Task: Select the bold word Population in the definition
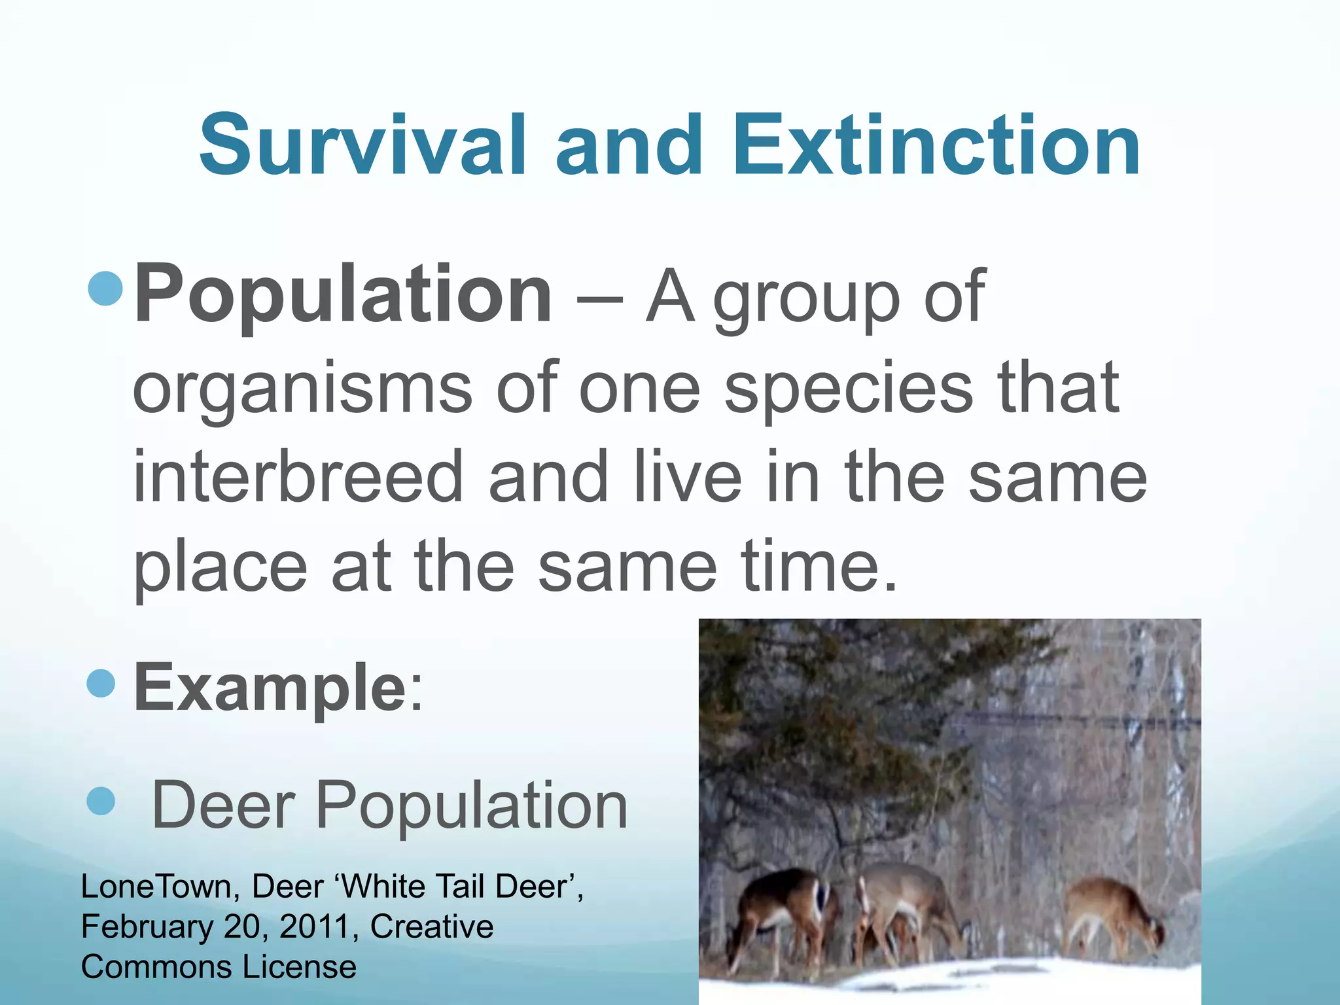click(343, 294)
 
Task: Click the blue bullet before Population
click(105, 289)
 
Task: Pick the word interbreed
click(298, 477)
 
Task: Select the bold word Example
click(270, 687)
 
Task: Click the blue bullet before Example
click(101, 684)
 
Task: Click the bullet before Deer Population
click(101, 801)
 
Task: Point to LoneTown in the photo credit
click(155, 887)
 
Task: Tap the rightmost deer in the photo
click(1112, 913)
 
